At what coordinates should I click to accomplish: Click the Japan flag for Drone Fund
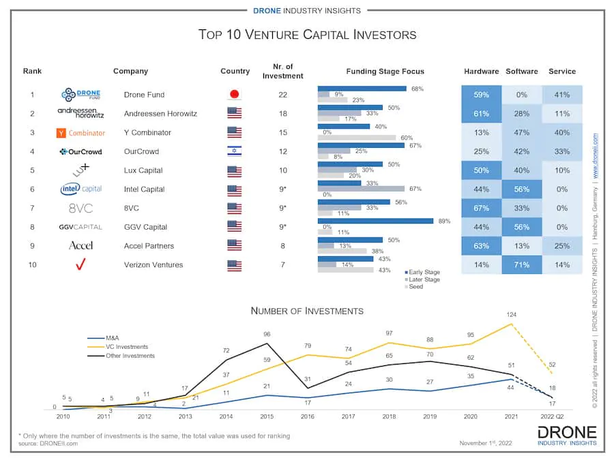[235, 95]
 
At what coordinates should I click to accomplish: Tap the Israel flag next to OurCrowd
[235, 151]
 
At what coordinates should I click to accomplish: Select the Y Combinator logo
[81, 133]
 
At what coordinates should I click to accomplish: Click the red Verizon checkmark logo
[81, 265]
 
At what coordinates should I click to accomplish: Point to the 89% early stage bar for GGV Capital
[375, 221]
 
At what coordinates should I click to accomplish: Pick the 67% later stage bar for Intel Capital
[361, 189]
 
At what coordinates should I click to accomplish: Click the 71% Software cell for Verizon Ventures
[522, 265]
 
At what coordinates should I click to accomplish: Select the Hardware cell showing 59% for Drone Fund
[481, 95]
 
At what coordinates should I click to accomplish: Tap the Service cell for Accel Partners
[562, 246]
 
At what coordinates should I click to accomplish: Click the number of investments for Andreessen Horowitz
[282, 114]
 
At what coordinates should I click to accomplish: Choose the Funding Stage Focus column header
[385, 72]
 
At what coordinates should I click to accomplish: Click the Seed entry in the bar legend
[416, 287]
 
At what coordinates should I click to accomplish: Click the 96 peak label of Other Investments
[267, 335]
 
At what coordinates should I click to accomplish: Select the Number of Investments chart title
[307, 311]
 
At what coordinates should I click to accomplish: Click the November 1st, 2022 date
[486, 442]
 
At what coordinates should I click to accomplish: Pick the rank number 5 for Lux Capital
[32, 170]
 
